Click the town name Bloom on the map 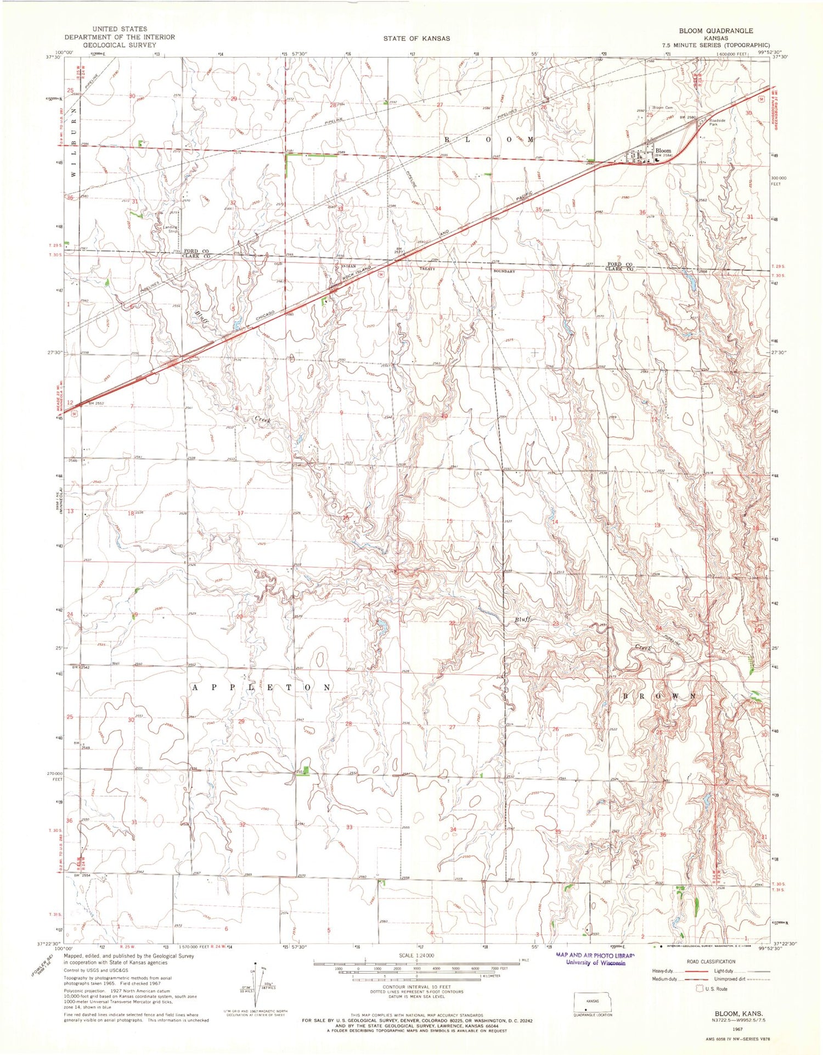point(663,150)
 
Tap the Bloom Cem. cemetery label point(662,108)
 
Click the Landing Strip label point(170,229)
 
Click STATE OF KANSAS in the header point(416,38)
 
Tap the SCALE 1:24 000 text point(416,955)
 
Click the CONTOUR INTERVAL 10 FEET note point(416,987)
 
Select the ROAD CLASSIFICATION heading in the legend point(711,961)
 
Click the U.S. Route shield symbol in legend point(699,989)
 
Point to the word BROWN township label point(660,696)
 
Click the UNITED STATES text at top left point(120,29)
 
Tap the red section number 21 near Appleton point(346,620)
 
